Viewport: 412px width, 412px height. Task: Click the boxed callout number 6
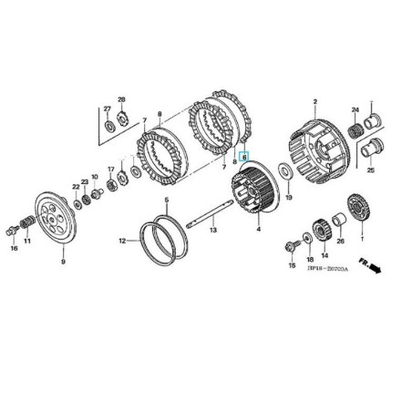click(244, 158)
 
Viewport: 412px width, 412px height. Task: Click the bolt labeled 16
click(13, 227)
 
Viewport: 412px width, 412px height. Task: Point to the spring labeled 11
click(27, 222)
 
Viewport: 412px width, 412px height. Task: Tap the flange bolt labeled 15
click(291, 243)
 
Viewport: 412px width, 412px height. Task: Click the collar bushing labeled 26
click(340, 220)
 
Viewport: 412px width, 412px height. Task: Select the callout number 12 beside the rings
click(122, 242)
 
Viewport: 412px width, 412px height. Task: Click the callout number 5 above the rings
click(167, 201)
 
